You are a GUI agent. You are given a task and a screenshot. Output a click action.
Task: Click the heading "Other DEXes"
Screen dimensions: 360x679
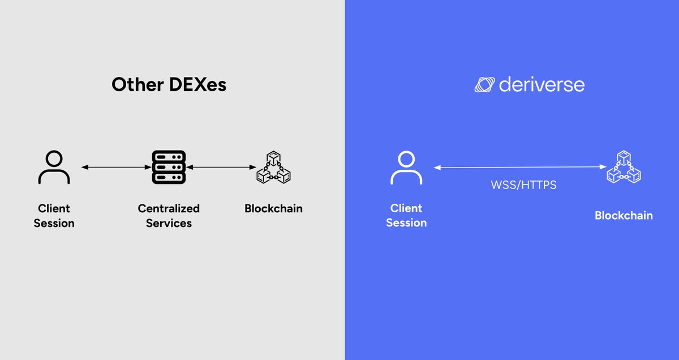click(x=169, y=85)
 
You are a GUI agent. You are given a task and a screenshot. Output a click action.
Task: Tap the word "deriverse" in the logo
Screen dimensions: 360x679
click(x=542, y=85)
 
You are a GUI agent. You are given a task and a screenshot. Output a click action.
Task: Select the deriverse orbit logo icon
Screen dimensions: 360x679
click(x=484, y=85)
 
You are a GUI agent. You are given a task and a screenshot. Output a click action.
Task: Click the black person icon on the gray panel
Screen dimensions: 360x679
click(x=54, y=167)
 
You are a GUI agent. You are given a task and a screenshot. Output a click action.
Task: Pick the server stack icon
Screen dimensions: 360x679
click(x=169, y=167)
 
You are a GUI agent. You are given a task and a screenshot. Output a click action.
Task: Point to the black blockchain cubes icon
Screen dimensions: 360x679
click(x=273, y=167)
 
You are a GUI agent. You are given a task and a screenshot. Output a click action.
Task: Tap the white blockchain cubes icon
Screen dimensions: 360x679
click(x=624, y=168)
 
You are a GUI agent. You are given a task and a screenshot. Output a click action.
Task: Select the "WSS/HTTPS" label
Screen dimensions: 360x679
click(x=523, y=185)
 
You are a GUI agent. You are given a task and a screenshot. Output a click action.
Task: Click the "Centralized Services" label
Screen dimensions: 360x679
click(x=169, y=216)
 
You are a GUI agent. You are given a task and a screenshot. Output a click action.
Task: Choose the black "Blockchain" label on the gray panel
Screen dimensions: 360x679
click(x=273, y=208)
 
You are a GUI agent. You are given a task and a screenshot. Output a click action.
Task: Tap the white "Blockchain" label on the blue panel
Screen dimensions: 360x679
click(x=624, y=216)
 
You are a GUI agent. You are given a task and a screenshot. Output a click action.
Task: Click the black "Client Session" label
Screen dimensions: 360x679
click(x=54, y=216)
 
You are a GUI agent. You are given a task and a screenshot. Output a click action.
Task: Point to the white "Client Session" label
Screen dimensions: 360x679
click(x=406, y=216)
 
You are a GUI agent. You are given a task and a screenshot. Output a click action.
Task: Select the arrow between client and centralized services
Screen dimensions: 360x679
click(x=116, y=167)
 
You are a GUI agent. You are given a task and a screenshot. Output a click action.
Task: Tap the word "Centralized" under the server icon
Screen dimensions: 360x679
click(x=169, y=208)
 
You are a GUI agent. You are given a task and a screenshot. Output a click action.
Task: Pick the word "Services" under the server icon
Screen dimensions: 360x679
click(x=169, y=223)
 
